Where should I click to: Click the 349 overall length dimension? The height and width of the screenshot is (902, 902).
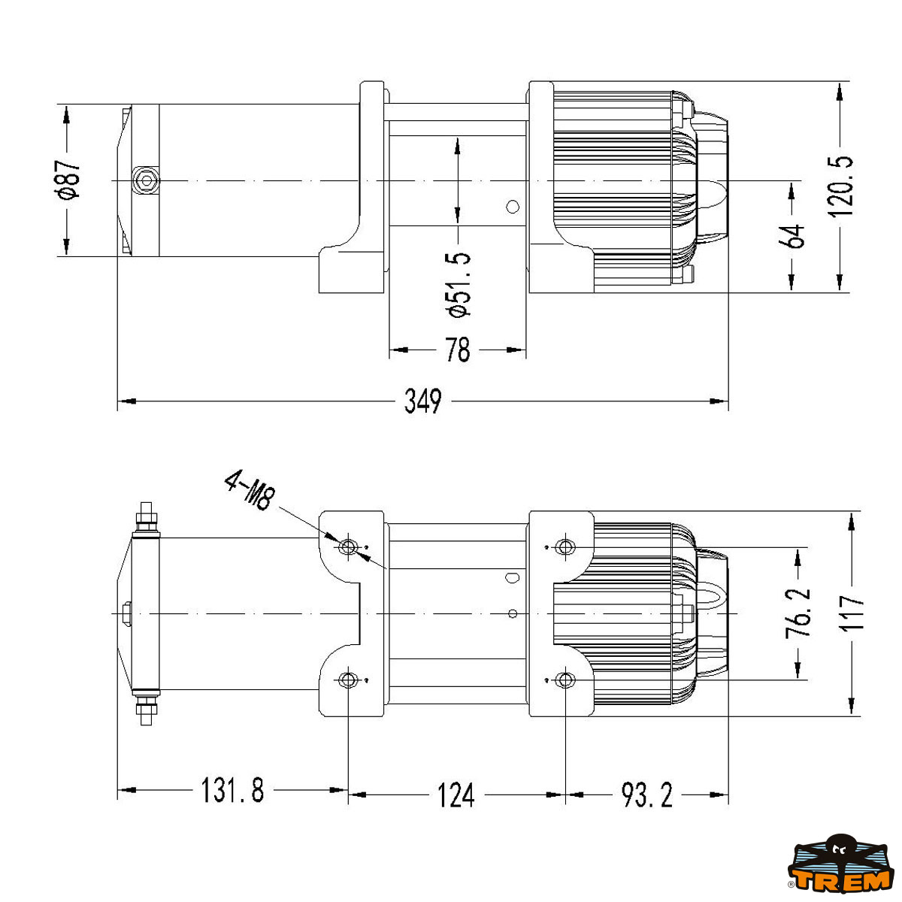pos(423,401)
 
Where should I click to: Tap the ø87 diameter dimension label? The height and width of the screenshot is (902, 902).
pos(68,180)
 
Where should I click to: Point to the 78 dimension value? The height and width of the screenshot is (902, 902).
pos(457,350)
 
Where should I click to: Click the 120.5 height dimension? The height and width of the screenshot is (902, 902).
pos(841,186)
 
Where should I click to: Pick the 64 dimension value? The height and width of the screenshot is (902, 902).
pos(794,236)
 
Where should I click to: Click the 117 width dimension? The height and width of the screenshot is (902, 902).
pos(852,613)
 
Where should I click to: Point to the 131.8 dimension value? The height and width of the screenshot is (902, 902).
pos(232,791)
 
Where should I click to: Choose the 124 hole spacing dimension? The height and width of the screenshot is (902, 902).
pos(456,794)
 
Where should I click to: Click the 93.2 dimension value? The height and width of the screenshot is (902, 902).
pos(646,794)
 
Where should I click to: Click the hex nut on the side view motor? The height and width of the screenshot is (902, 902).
pos(144,180)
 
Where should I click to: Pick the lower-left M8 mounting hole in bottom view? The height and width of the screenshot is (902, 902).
pos(347,680)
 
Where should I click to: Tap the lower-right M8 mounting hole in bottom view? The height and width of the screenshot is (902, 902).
pos(565,680)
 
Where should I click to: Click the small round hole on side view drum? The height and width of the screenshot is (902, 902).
pos(513,206)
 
